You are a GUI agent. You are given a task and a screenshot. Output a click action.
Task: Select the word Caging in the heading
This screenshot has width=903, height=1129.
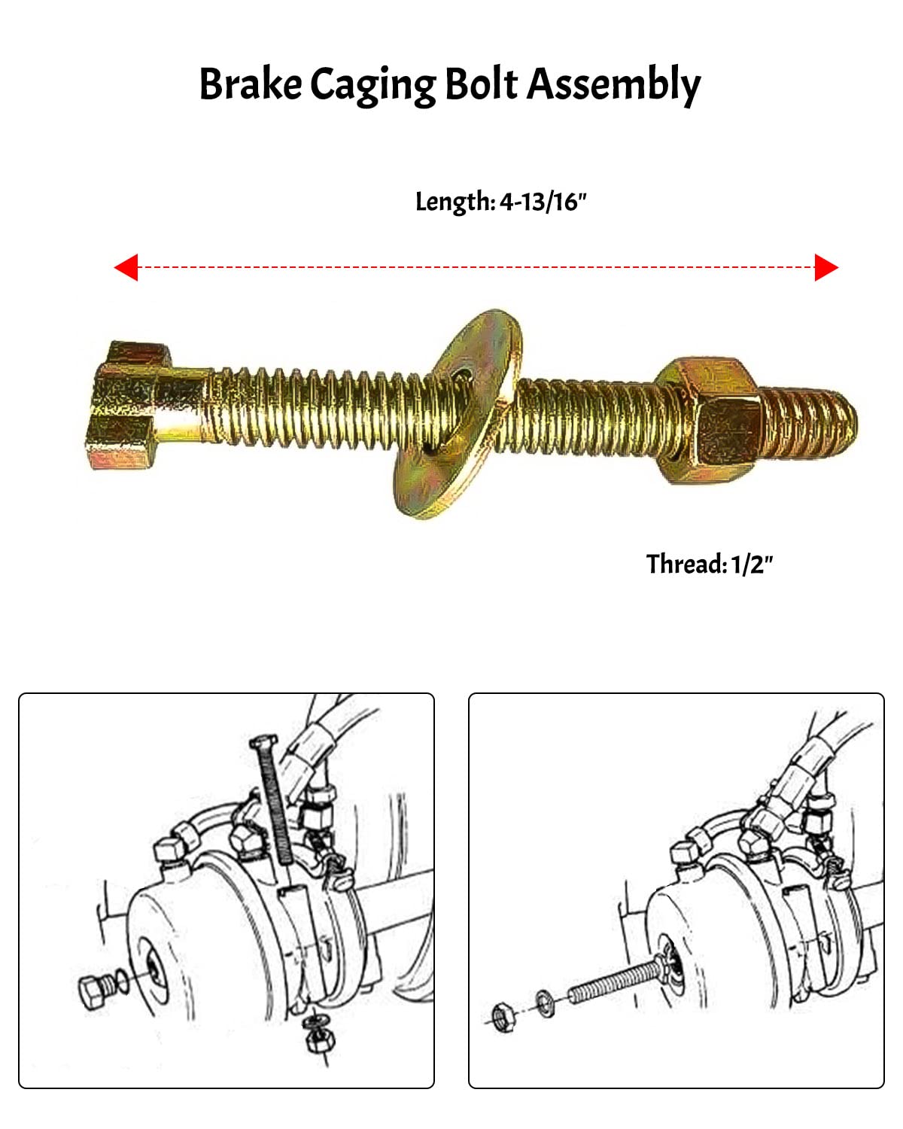pos(372,85)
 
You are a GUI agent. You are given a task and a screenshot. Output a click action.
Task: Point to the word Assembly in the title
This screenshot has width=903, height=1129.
pos(613,85)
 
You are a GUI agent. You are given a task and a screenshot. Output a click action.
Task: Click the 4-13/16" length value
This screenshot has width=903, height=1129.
pos(543,202)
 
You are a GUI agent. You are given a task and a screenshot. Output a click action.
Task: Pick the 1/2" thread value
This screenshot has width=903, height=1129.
pos(752,564)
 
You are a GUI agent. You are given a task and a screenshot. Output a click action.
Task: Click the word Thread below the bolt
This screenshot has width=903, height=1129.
pos(686,564)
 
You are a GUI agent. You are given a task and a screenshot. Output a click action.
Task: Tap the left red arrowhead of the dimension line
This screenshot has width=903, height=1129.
pos(126,267)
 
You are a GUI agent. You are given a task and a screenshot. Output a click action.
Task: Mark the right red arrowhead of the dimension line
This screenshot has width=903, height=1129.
pos(825,267)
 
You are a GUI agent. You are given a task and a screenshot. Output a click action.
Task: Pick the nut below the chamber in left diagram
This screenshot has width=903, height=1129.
pos(315,1039)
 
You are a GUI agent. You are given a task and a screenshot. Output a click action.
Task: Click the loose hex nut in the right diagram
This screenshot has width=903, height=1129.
pos(501,1017)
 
